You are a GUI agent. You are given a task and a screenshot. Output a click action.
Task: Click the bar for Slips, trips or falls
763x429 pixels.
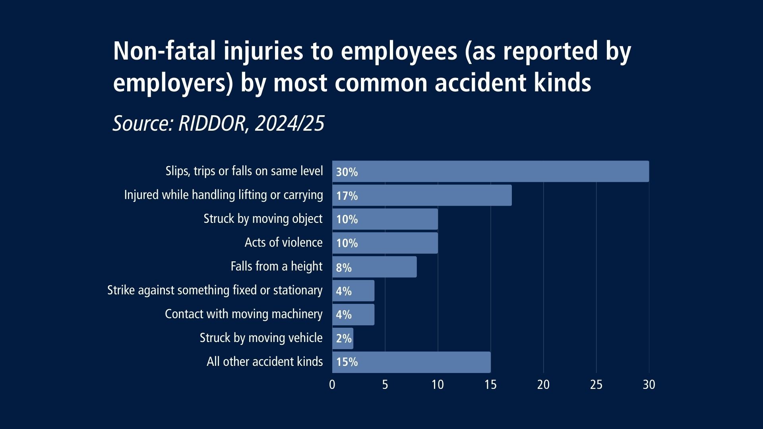point(490,171)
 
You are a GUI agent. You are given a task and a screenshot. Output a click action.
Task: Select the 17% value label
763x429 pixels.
point(347,196)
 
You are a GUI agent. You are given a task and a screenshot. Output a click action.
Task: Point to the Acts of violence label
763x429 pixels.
point(283,242)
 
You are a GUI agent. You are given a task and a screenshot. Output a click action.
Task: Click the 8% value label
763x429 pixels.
point(344,268)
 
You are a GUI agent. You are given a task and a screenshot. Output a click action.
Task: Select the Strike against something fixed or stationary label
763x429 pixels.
point(215,290)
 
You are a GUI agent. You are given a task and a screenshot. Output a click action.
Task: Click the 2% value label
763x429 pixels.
point(344,339)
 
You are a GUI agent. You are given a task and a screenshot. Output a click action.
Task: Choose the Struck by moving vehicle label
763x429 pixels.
point(261,338)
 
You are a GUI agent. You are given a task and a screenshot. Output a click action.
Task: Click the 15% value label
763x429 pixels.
point(347,362)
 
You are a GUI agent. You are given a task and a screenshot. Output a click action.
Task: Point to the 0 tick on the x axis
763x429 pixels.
point(332,385)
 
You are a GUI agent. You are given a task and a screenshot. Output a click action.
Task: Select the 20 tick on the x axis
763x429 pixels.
point(543,385)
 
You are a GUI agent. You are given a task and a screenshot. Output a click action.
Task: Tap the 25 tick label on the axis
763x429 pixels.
point(596,385)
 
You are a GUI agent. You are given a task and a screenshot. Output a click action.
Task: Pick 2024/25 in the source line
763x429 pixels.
point(290,124)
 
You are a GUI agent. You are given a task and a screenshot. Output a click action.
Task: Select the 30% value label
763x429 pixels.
point(347,172)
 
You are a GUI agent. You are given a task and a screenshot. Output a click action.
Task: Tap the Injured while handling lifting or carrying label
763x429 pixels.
point(223,195)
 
